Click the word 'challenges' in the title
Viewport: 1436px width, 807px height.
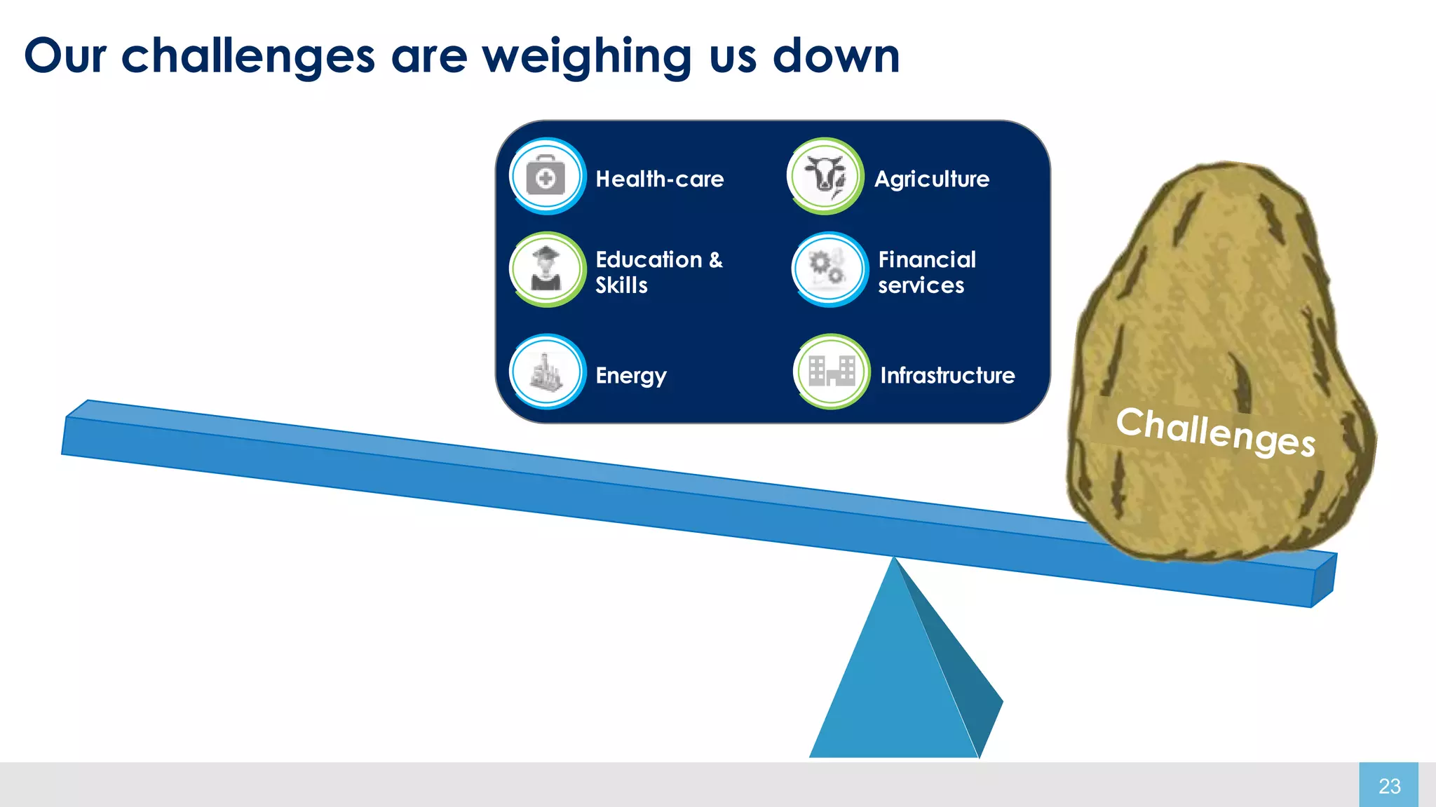[x=248, y=56]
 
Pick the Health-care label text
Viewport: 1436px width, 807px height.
[x=659, y=179]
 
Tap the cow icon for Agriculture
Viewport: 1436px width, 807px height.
[x=825, y=175]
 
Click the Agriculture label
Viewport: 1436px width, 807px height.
[x=931, y=179]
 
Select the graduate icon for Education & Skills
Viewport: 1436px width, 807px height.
[x=546, y=269]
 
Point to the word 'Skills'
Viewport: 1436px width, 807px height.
[x=621, y=285]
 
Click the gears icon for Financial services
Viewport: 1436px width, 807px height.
[x=828, y=269]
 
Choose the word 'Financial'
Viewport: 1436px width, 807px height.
[x=926, y=260]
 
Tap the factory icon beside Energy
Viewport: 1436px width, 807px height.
[x=546, y=372]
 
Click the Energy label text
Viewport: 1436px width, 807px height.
[x=630, y=377]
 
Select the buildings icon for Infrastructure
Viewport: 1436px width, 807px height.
[x=832, y=372]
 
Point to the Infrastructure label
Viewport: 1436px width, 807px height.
[x=947, y=376]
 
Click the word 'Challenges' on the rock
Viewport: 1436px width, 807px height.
[x=1215, y=430]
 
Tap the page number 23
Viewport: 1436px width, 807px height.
[x=1389, y=786]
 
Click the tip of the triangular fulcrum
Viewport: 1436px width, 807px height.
[x=894, y=561]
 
